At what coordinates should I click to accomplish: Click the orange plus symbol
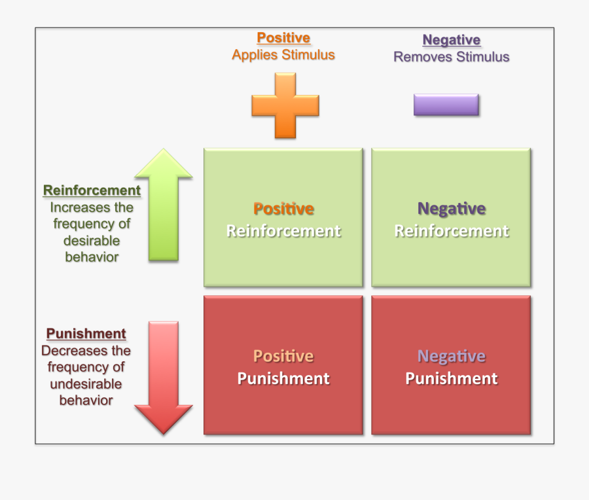pyautogui.click(x=285, y=105)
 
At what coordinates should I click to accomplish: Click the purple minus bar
pyautogui.click(x=446, y=105)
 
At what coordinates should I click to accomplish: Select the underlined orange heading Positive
pyautogui.click(x=283, y=38)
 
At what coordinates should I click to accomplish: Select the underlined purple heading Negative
pyautogui.click(x=452, y=40)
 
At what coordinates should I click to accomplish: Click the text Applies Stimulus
pyautogui.click(x=283, y=55)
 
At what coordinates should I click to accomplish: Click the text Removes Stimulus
pyautogui.click(x=452, y=57)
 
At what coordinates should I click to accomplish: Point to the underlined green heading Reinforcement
pyautogui.click(x=92, y=190)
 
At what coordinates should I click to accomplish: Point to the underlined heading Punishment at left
pyautogui.click(x=86, y=334)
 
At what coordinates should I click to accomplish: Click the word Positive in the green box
pyautogui.click(x=283, y=209)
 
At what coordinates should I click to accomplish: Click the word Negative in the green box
pyautogui.click(x=452, y=209)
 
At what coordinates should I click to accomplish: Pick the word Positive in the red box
pyautogui.click(x=283, y=356)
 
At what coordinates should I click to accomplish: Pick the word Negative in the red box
pyautogui.click(x=452, y=356)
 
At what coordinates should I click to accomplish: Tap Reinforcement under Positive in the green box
pyautogui.click(x=283, y=231)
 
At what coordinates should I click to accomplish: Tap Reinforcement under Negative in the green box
pyautogui.click(x=452, y=231)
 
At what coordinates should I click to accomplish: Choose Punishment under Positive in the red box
pyautogui.click(x=283, y=378)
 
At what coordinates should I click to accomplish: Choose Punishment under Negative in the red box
pyautogui.click(x=452, y=378)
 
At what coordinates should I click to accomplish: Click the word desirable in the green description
pyautogui.click(x=92, y=240)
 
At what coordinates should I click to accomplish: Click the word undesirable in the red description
pyautogui.click(x=86, y=384)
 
